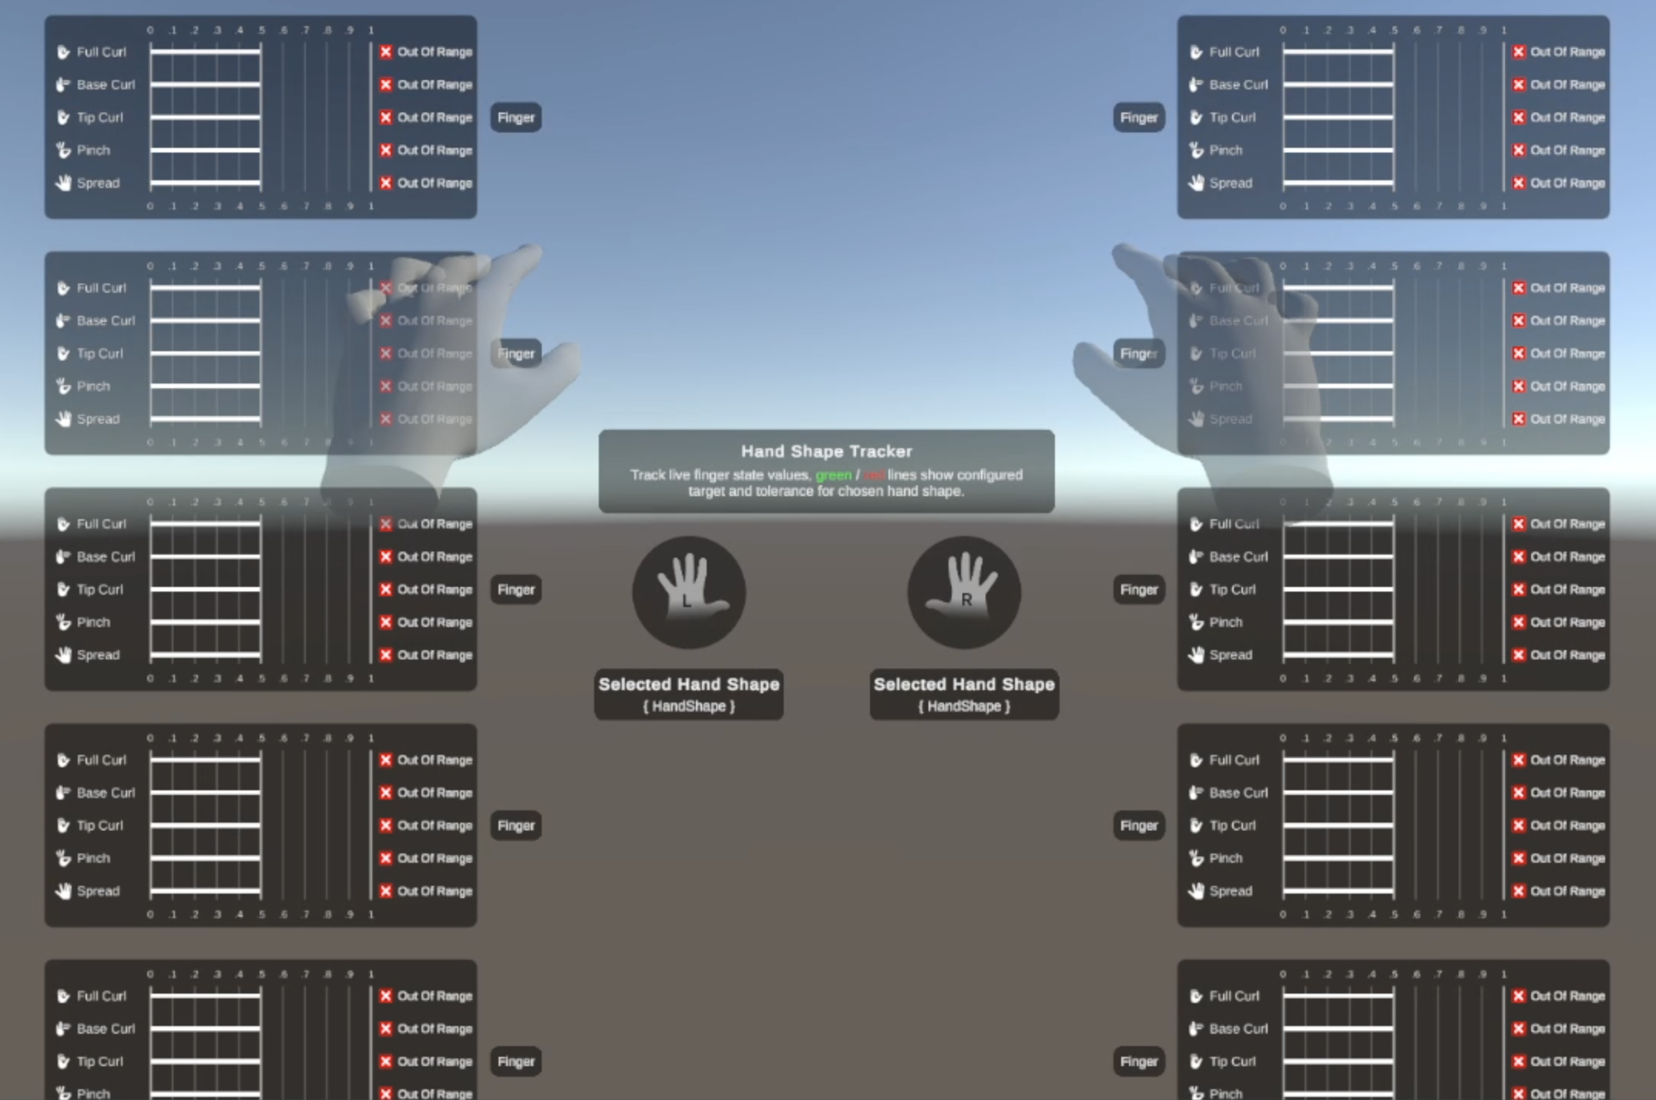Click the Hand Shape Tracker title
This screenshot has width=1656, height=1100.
(x=826, y=451)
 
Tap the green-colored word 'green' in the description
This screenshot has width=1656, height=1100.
(x=833, y=475)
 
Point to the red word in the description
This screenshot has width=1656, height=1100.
(x=874, y=475)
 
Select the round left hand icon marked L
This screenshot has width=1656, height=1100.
(x=688, y=592)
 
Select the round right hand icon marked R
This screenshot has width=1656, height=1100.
(x=963, y=592)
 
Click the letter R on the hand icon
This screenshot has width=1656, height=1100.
(x=966, y=599)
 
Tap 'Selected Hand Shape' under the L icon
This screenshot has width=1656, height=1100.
(x=688, y=684)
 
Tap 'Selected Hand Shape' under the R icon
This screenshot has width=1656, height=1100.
(x=963, y=684)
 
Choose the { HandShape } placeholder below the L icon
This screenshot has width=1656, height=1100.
(x=688, y=706)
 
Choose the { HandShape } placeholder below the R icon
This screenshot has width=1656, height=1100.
(x=963, y=706)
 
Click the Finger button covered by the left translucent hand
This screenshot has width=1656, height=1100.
(x=516, y=354)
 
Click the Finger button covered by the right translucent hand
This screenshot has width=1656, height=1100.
(x=1138, y=354)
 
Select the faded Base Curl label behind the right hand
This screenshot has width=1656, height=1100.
(x=1238, y=320)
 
